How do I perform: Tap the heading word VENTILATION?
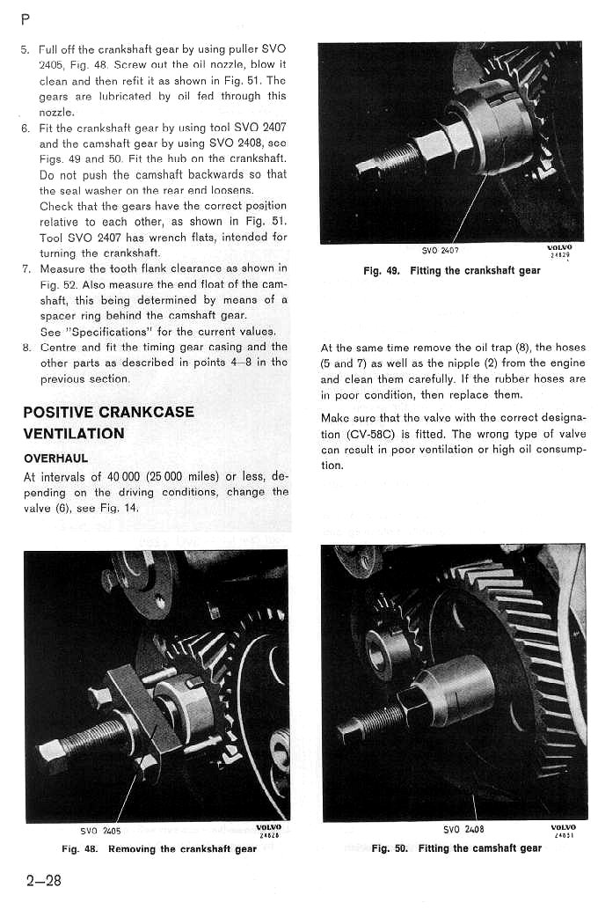tap(74, 433)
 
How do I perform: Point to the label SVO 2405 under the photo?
tap(99, 830)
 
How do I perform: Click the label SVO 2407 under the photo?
tap(441, 250)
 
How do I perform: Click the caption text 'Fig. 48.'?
tap(80, 849)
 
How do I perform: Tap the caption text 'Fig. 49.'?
tap(382, 270)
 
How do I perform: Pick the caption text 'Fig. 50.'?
tap(390, 848)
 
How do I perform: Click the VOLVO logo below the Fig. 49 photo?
tap(559, 247)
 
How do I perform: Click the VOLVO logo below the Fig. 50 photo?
tap(563, 827)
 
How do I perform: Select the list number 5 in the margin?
tap(25, 48)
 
